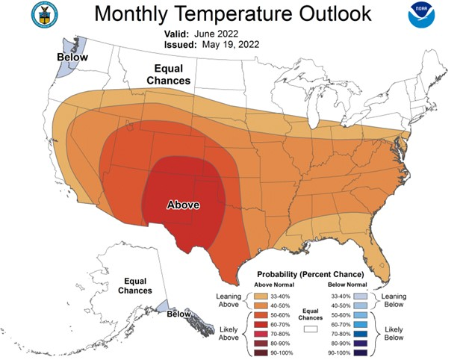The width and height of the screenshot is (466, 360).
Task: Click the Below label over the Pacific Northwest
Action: coord(72,58)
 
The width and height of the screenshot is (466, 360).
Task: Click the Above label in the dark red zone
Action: coord(183,204)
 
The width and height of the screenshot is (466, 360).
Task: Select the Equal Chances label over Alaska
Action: coord(138,285)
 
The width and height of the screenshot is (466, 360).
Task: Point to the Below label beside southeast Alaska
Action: coord(179,314)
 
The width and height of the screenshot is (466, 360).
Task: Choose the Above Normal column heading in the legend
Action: coord(276,285)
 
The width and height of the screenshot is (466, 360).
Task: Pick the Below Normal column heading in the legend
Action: coord(347,285)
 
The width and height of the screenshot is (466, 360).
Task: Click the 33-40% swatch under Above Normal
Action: coord(263,296)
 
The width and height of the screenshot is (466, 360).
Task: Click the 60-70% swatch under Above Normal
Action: coord(263,324)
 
